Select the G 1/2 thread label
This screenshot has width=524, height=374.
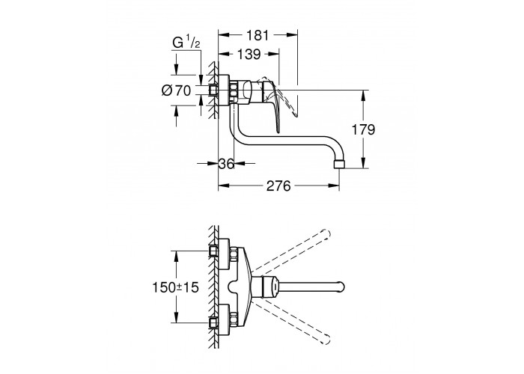(x=186, y=43)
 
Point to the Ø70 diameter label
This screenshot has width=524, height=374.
(x=176, y=91)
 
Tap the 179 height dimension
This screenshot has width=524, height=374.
(x=363, y=129)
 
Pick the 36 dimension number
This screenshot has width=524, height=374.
(x=226, y=164)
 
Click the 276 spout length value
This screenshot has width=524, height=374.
(x=278, y=186)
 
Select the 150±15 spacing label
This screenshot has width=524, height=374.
(x=175, y=287)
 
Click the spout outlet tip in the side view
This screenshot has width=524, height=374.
(x=339, y=165)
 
